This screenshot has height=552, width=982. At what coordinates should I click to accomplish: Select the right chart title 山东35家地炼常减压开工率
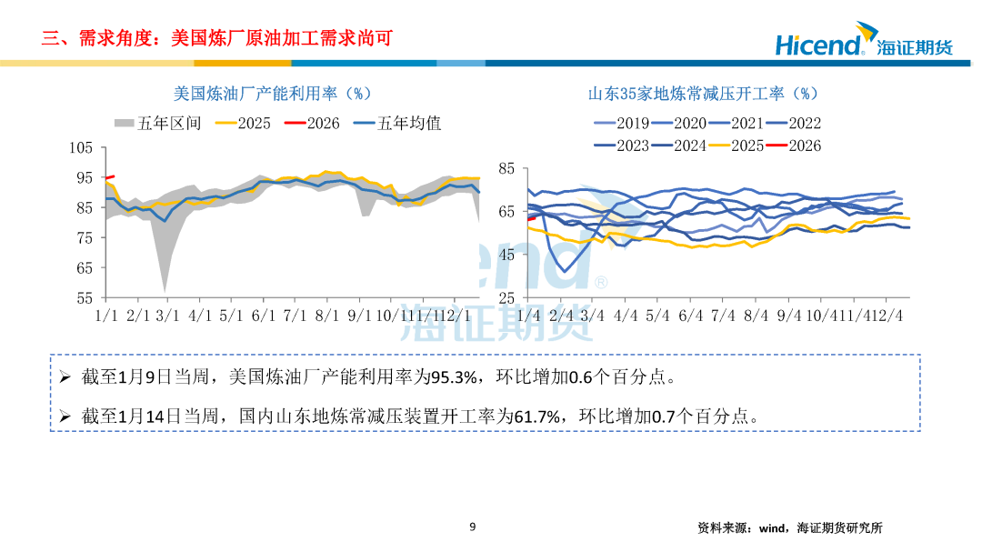(704, 94)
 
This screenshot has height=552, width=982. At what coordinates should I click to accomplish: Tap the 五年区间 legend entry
(158, 123)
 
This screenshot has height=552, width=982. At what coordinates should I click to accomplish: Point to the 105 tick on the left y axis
(82, 148)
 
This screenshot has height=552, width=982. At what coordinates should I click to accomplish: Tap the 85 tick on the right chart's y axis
(506, 169)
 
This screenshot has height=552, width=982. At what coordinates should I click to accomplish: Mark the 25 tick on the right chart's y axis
(506, 297)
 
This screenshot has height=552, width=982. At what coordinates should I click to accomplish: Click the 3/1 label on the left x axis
(168, 316)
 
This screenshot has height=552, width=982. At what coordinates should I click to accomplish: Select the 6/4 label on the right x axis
(691, 316)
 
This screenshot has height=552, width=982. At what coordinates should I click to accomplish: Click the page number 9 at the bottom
(473, 527)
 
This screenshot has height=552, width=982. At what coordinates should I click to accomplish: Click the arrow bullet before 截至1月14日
(65, 416)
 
